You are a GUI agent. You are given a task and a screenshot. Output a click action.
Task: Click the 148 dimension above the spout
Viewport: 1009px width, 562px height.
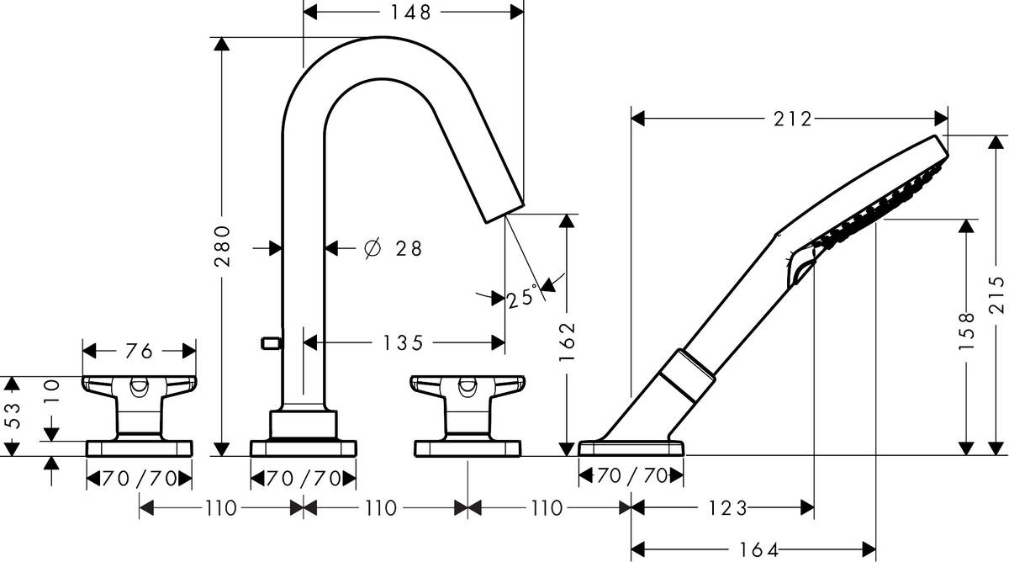coord(412,12)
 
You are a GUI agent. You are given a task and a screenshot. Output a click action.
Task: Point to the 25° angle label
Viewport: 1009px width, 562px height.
coord(521,297)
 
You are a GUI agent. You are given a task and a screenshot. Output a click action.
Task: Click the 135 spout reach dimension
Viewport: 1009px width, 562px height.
coord(404,342)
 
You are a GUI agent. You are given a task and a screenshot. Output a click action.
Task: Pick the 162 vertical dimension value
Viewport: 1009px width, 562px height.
coord(570,337)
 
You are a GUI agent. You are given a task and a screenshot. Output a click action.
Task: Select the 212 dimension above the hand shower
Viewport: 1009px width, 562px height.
coord(794,119)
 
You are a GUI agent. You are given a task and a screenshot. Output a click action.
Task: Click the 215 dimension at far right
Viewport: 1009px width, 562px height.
coord(997,294)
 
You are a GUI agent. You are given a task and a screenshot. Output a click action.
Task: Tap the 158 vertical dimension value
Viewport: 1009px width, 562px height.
coord(967,330)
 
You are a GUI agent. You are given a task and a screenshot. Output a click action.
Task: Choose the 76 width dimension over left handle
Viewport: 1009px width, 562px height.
coord(139,350)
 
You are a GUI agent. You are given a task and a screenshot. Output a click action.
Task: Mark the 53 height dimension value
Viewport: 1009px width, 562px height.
coord(10,416)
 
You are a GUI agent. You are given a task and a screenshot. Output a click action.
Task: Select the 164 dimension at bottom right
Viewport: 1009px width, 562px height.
coord(758,549)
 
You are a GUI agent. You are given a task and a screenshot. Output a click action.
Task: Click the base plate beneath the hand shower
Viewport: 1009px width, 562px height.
coord(631,448)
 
